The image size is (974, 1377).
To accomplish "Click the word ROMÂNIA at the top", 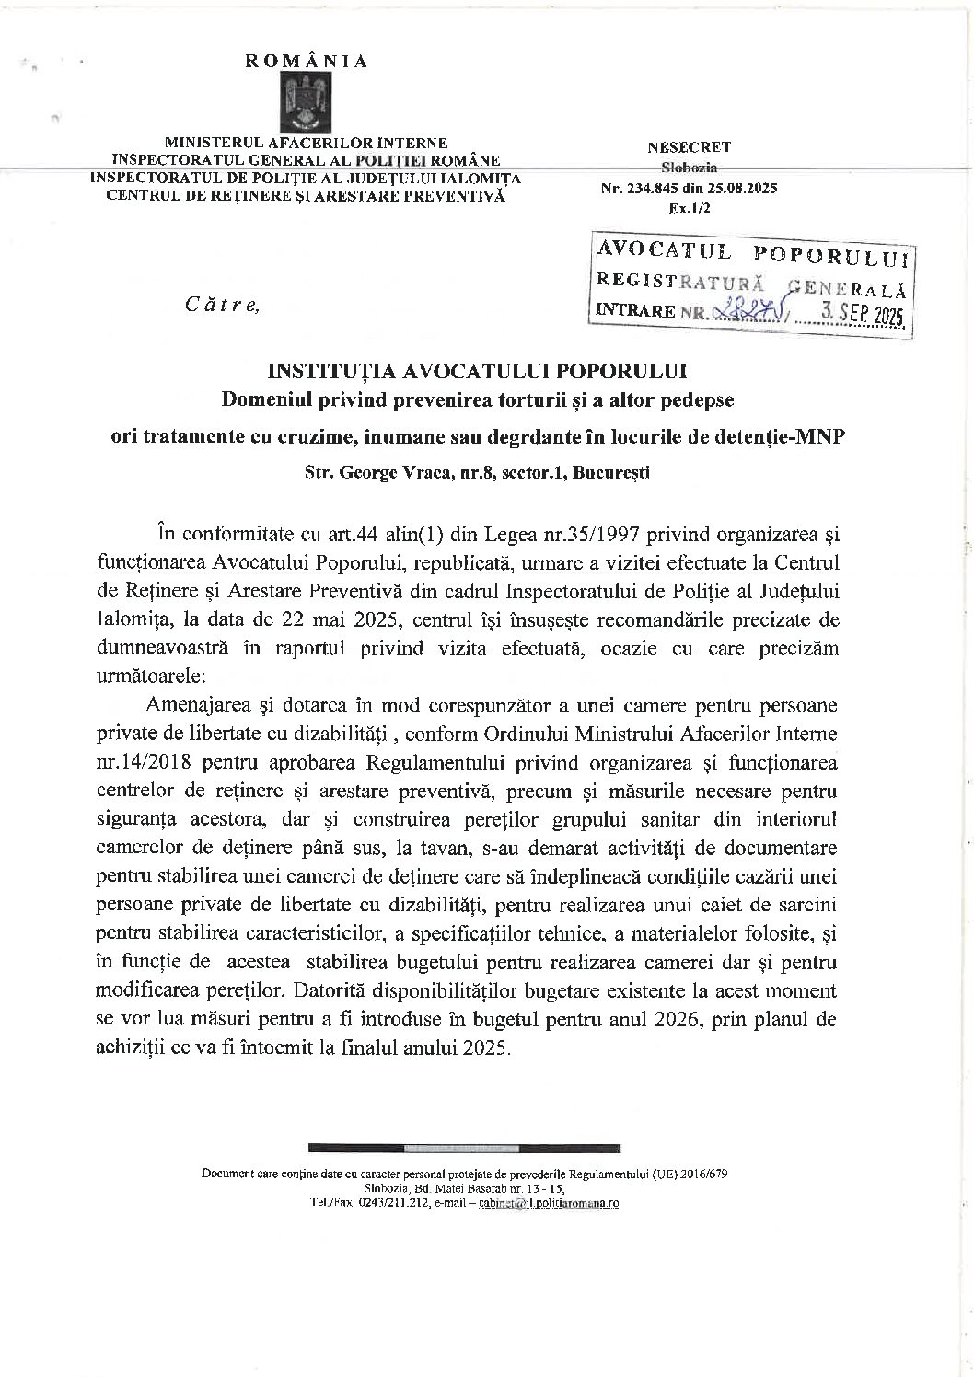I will (x=306, y=62).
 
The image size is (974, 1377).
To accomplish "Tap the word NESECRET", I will (x=689, y=146).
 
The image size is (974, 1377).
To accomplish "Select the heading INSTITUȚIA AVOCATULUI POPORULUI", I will (x=477, y=371).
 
